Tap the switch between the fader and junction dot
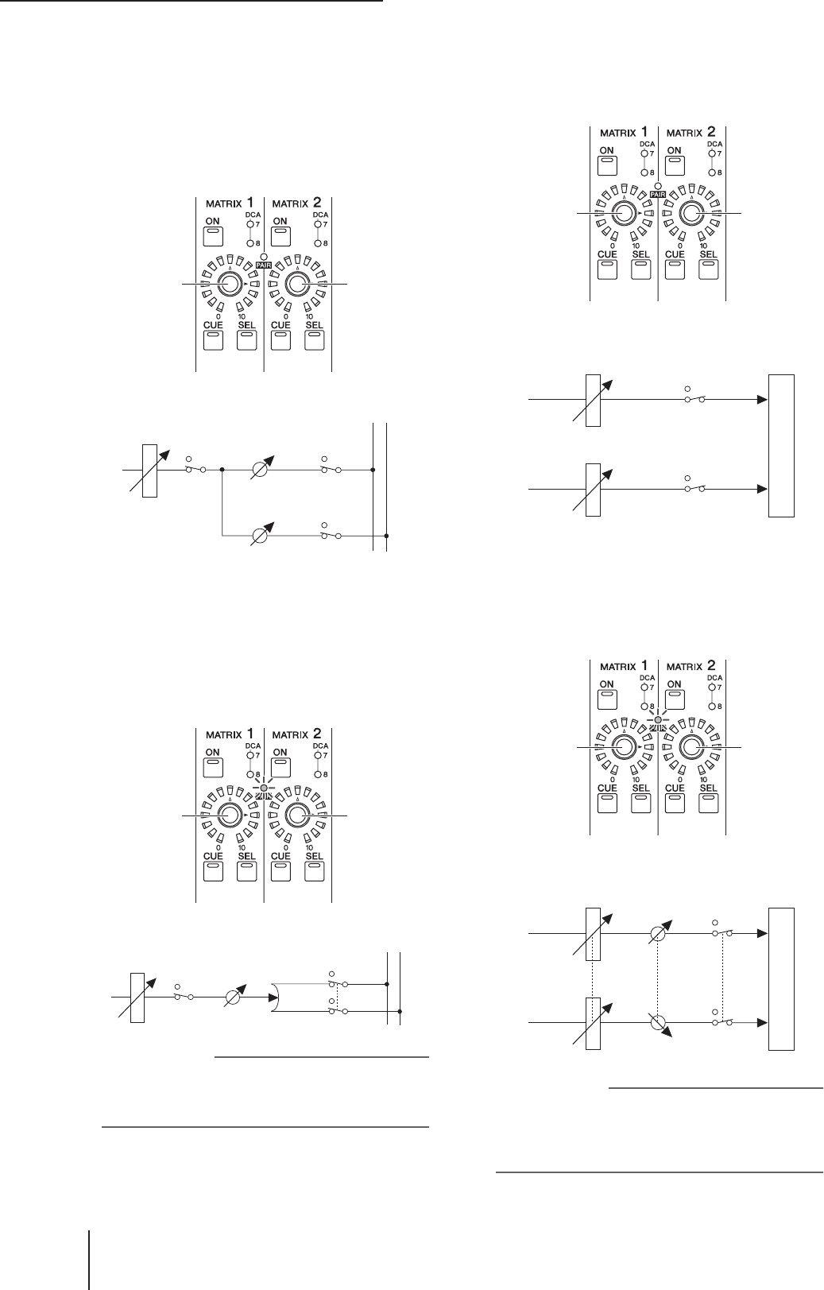click(x=195, y=470)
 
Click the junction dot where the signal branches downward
click(x=222, y=470)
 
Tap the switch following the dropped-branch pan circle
click(x=331, y=536)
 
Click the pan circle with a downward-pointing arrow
click(x=658, y=1021)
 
